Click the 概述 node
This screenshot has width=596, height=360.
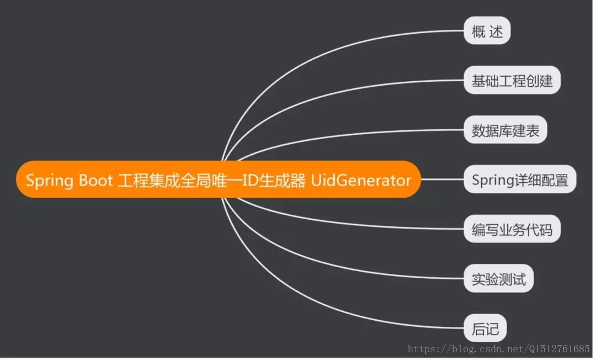(x=487, y=31)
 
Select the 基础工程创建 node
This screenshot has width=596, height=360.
(x=512, y=81)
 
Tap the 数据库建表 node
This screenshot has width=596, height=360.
(x=505, y=130)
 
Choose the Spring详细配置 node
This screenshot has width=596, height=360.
(x=519, y=179)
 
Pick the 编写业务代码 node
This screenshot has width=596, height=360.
(x=512, y=229)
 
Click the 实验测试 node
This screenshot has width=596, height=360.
(x=498, y=278)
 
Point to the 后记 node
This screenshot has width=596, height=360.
(x=485, y=329)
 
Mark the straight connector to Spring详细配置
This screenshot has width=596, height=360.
(x=441, y=179)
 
